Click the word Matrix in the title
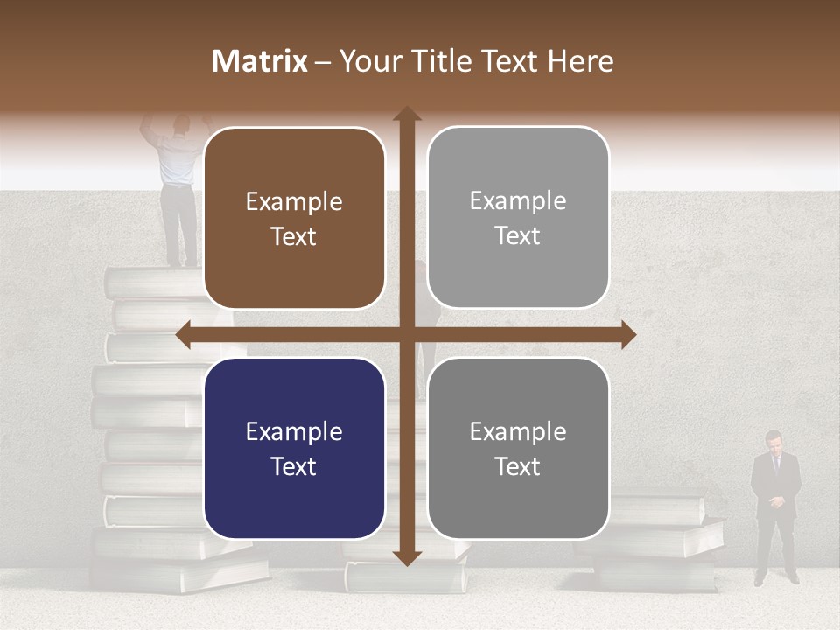point(260,61)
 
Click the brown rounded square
point(294,218)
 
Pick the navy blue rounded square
point(294,448)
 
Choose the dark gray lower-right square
point(518,448)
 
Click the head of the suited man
point(773,440)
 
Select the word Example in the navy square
point(294,431)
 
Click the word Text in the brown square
point(294,236)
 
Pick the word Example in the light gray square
point(518,201)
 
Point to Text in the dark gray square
point(518,466)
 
